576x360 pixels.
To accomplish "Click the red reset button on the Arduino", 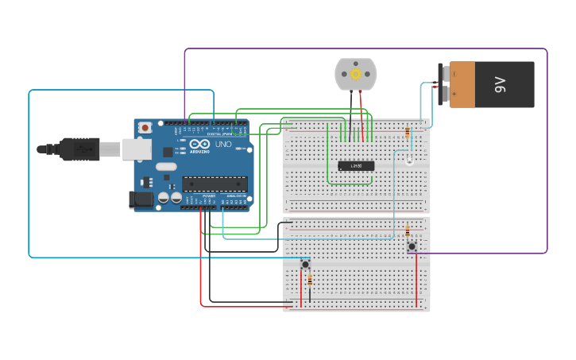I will coord(145,128).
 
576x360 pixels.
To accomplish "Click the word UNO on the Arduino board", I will coord(223,145).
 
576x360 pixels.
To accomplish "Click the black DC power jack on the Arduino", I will coord(141,199).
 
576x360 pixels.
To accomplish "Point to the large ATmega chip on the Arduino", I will coord(215,184).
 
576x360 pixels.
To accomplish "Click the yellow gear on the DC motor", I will coord(356,74).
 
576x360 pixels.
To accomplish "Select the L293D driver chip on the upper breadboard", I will coord(356,165).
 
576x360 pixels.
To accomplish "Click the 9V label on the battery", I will coord(500,84).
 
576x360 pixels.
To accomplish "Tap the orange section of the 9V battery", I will coord(462,84).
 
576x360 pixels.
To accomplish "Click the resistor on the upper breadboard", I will coord(408,133).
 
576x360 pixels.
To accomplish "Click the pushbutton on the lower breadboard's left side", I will coord(305,264).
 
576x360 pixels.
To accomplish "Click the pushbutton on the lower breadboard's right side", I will coord(412,246).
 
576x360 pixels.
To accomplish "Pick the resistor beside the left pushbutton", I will coord(309,281).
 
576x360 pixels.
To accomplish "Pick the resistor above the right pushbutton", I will coord(408,231).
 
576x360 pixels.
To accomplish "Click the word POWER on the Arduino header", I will coord(209,195).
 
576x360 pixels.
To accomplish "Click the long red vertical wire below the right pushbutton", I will coord(416,278).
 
